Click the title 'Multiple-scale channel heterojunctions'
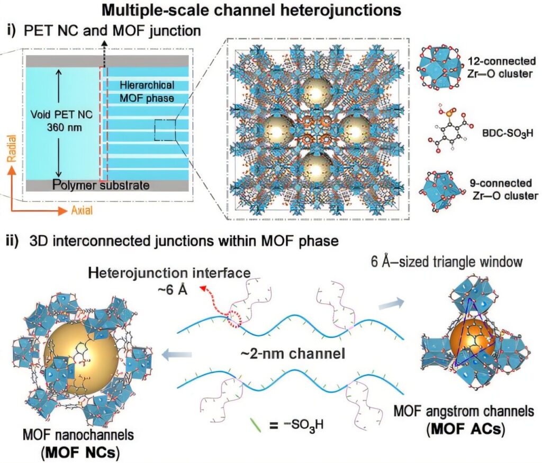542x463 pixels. pyautogui.click(x=271, y=9)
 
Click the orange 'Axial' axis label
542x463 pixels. pyautogui.click(x=82, y=211)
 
